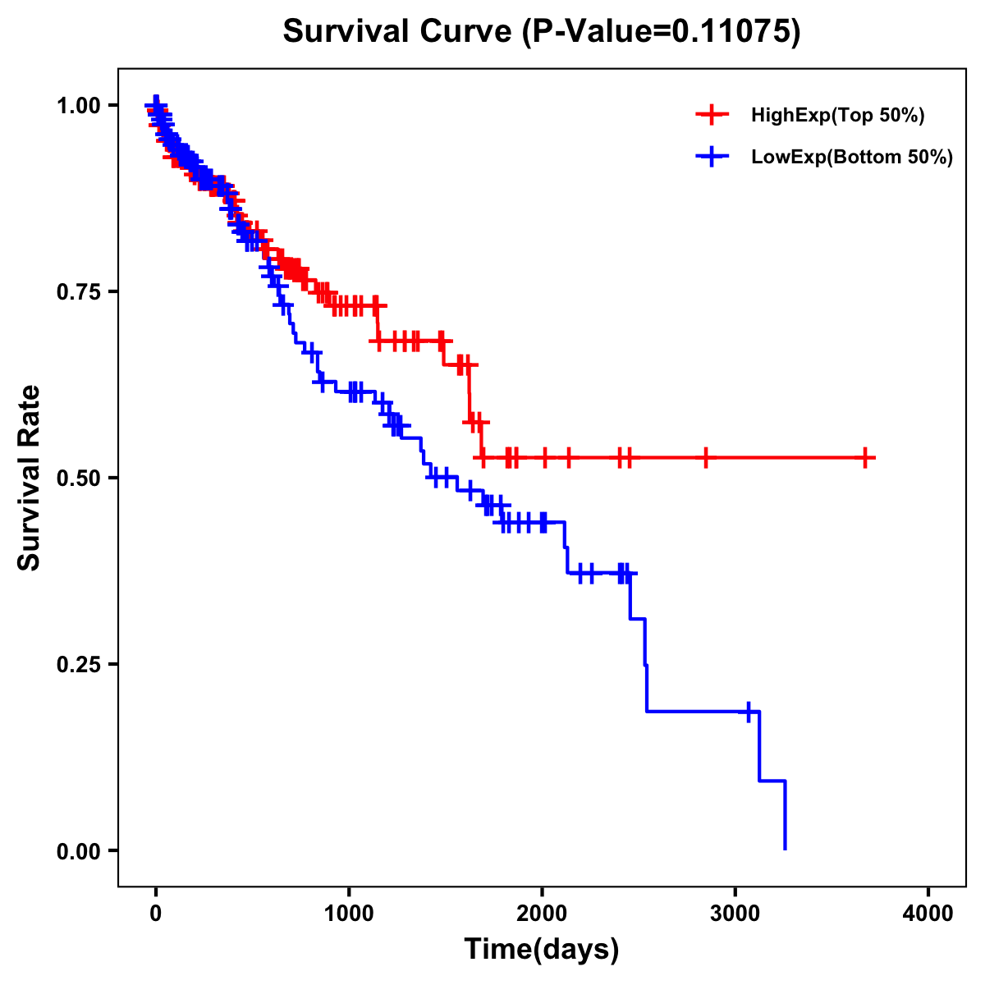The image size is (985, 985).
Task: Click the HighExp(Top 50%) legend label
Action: (x=837, y=115)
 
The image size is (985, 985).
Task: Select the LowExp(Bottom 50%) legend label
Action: (x=852, y=157)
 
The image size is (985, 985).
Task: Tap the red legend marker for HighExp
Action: (x=712, y=115)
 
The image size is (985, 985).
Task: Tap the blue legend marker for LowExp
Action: (x=712, y=157)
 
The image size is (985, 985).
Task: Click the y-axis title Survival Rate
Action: (x=30, y=477)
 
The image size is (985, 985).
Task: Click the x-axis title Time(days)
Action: (x=542, y=950)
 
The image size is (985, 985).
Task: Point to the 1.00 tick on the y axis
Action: (x=79, y=105)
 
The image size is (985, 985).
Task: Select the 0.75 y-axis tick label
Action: (x=79, y=291)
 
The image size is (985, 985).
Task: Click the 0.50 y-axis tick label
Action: (x=79, y=478)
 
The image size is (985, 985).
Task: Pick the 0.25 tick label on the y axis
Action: (x=79, y=664)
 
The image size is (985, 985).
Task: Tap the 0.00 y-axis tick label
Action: (x=79, y=850)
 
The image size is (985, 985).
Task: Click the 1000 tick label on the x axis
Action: (x=349, y=913)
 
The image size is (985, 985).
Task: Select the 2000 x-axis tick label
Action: (x=542, y=913)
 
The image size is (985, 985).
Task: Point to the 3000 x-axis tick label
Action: (x=735, y=913)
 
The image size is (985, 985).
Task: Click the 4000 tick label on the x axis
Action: (x=928, y=913)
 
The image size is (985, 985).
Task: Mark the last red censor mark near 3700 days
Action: (x=865, y=458)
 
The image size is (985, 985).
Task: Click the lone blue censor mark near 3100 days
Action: (x=749, y=712)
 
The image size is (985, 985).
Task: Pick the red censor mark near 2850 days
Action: (x=705, y=458)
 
